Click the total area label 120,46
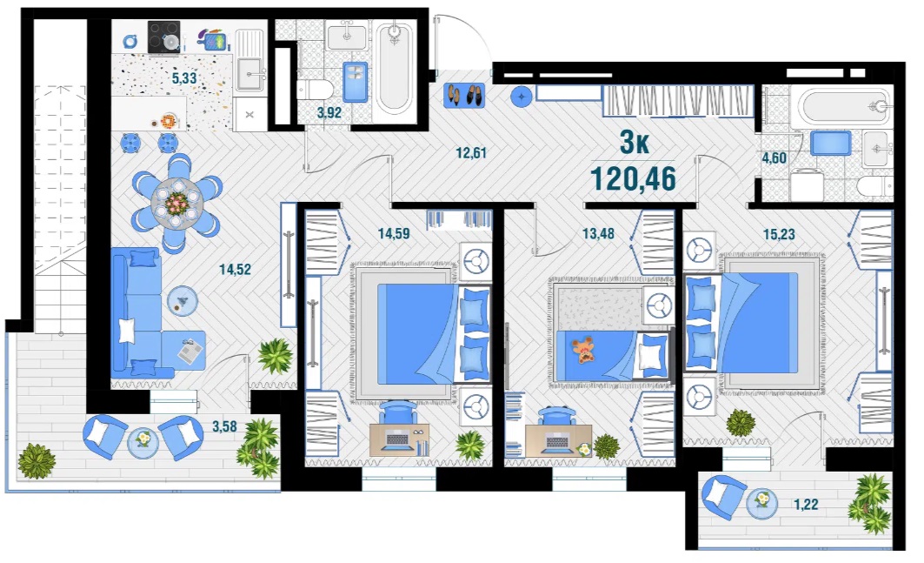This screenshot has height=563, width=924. tap(633, 178)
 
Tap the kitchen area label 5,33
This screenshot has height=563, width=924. tap(184, 78)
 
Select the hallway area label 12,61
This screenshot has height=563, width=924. tap(471, 153)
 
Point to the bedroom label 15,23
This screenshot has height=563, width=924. tap(779, 234)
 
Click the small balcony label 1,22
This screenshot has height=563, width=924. tap(806, 505)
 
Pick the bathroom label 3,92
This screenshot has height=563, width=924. tap(329, 112)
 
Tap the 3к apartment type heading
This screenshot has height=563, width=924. tap(634, 142)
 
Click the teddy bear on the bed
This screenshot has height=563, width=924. tap(584, 349)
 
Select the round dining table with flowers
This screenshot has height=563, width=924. tap(176, 204)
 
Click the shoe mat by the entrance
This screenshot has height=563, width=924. tap(464, 95)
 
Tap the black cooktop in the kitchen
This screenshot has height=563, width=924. tap(163, 37)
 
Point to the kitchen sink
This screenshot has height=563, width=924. tap(249, 73)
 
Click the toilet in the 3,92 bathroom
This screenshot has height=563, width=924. tap(315, 90)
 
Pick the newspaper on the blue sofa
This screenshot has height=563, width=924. tap(189, 352)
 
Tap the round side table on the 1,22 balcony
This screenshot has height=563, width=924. tap(762, 504)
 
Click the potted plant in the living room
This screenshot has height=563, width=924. tap(275, 356)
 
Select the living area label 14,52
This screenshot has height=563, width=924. tap(235, 270)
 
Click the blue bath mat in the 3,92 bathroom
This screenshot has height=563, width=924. tap(355, 82)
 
